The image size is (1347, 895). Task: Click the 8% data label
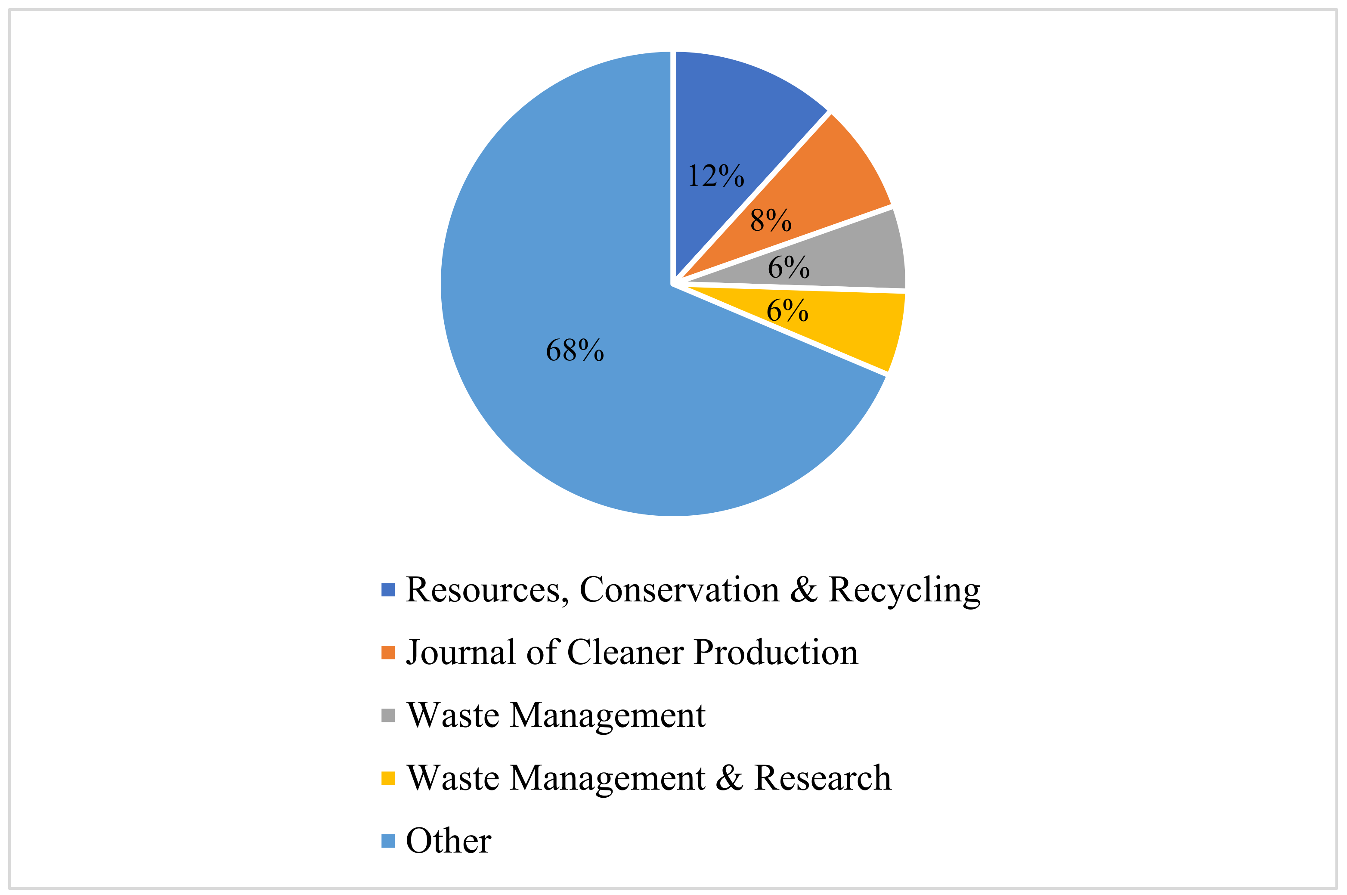[x=771, y=220]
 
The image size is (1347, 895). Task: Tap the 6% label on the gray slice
[x=788, y=267]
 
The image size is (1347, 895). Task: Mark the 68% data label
[x=575, y=350]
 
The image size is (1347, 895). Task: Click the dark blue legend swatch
[x=388, y=590]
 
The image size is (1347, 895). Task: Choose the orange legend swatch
[x=388, y=652]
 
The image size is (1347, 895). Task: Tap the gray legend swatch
[x=388, y=715]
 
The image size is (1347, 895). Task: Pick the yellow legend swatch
[x=388, y=778]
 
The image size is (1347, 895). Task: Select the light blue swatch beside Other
[x=388, y=841]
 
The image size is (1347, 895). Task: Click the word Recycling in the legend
[x=904, y=591]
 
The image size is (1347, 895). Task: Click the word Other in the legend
[x=449, y=841]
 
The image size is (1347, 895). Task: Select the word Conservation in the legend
[x=679, y=590]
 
